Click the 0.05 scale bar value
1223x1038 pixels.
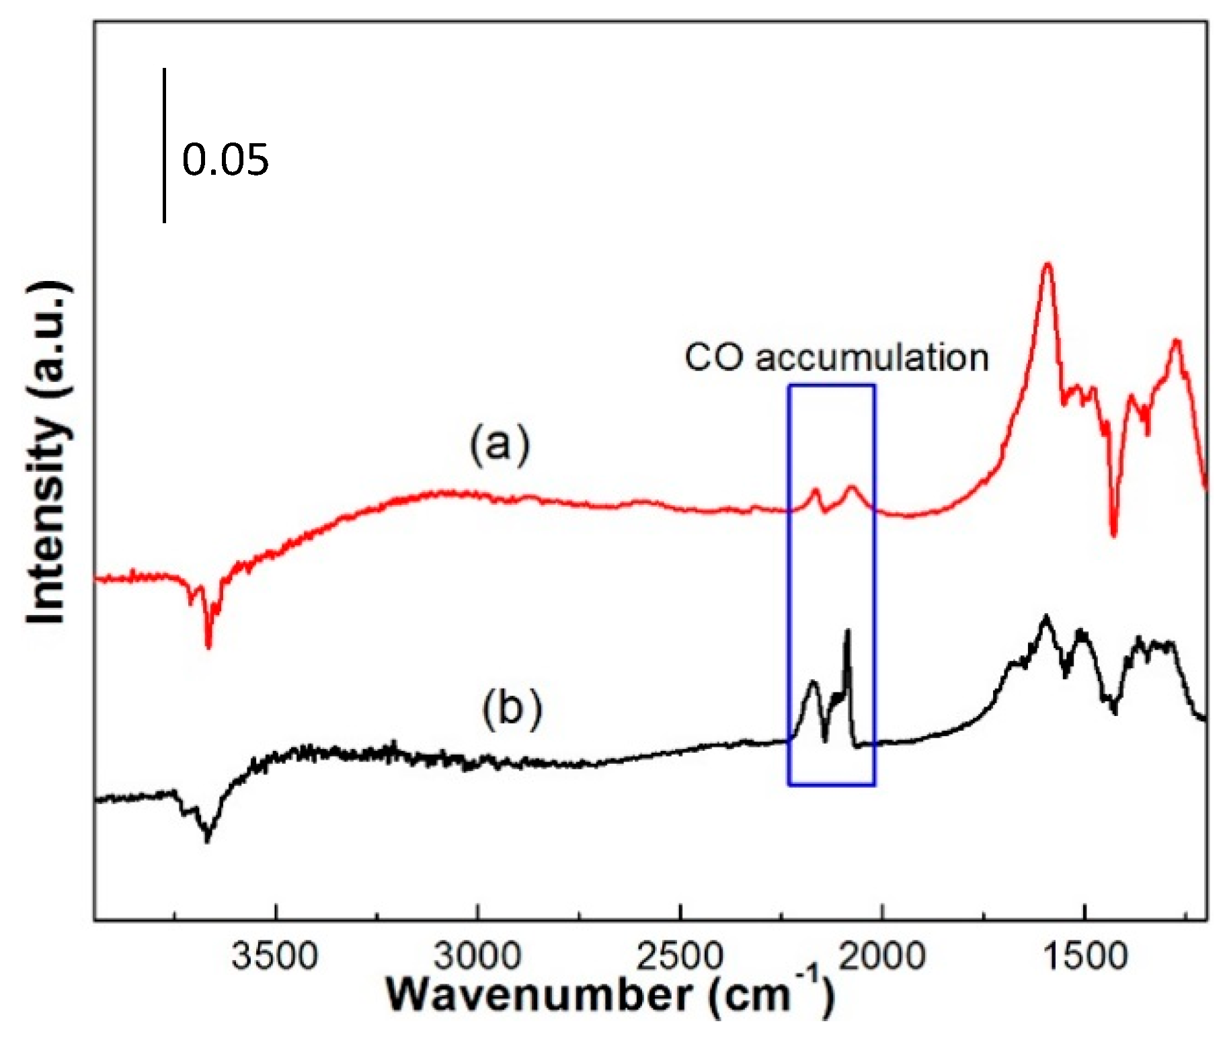[x=225, y=161]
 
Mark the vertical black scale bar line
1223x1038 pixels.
[x=164, y=145]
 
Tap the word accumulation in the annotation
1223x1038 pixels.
[x=871, y=358]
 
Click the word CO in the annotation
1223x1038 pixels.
[x=713, y=358]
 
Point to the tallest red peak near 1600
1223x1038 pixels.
[x=1047, y=266]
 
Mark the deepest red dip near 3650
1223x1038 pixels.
[x=208, y=646]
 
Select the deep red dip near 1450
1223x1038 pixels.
[x=1113, y=534]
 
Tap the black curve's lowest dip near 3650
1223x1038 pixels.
[x=207, y=839]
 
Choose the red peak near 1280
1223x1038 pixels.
[x=1176, y=342]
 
